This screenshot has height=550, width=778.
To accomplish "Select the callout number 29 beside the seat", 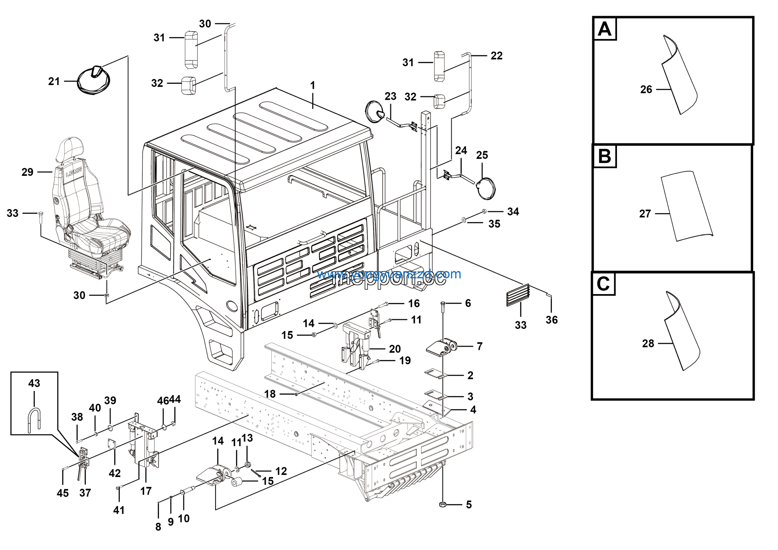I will pos(27,172).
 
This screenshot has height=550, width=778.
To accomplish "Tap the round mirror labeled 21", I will pos(93,81).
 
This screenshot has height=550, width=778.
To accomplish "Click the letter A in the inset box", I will pos(604,29).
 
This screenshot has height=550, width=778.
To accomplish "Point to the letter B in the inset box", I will pos(604,156).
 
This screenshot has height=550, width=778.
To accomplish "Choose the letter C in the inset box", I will pos(603,284).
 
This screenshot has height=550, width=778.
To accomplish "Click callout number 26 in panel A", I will pos(646,89).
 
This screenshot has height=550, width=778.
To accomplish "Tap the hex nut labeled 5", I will pos(442,505).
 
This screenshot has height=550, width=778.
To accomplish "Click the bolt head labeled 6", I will pos(443,303).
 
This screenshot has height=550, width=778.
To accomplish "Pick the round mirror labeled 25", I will pos(486,189).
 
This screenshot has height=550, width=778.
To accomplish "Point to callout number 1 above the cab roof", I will pos(312,85).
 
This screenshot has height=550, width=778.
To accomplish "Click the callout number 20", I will pos(395,349).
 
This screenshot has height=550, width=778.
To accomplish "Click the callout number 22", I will pos(496,56).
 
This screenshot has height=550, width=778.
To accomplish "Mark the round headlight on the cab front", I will pos(232,306).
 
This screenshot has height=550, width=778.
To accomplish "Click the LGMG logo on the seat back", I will pos(74,173).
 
